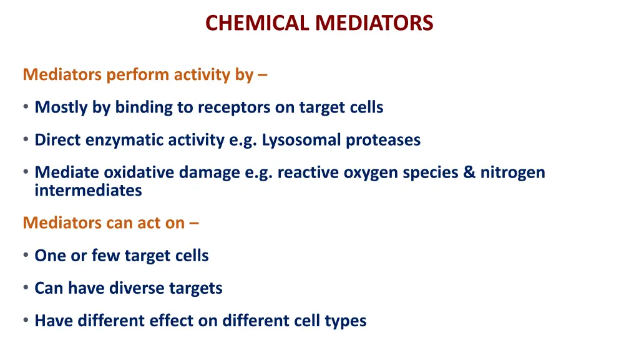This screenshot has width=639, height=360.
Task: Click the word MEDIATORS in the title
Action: (x=374, y=23)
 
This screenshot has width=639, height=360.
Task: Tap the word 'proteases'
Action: (x=383, y=140)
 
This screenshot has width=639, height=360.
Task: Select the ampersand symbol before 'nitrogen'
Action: (x=469, y=172)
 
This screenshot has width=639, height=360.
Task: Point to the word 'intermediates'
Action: (x=88, y=191)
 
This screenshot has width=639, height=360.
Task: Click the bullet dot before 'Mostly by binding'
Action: (x=26, y=107)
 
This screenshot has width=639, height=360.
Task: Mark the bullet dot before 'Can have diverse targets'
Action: (x=26, y=288)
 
